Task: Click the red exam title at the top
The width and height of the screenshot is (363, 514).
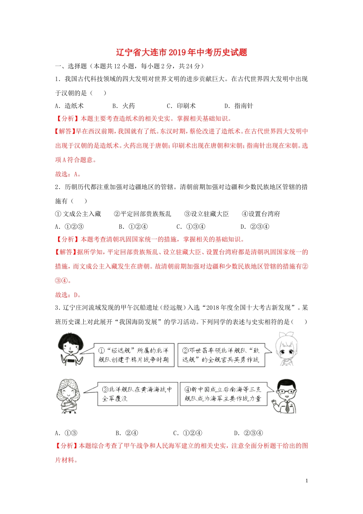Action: (x=181, y=52)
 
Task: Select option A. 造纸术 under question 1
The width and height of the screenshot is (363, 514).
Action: (x=69, y=106)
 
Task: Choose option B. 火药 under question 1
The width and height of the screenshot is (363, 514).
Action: (x=124, y=106)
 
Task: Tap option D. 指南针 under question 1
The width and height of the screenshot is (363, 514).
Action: (x=239, y=106)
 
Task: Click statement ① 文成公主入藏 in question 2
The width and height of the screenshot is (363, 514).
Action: (x=78, y=214)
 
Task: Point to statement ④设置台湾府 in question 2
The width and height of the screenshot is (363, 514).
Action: (x=261, y=214)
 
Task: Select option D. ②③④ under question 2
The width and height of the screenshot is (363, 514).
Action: (x=255, y=226)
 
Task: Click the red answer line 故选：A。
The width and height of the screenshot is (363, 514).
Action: (x=68, y=174)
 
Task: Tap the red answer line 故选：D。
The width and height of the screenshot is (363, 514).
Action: (x=68, y=294)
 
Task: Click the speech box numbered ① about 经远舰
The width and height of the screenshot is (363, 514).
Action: (x=134, y=355)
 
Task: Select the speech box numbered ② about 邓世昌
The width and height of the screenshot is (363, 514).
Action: (x=221, y=355)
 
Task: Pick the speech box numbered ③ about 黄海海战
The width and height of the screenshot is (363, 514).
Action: (x=137, y=394)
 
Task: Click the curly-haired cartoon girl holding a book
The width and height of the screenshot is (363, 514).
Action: (x=69, y=396)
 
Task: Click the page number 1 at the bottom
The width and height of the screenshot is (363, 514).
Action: (x=306, y=481)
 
